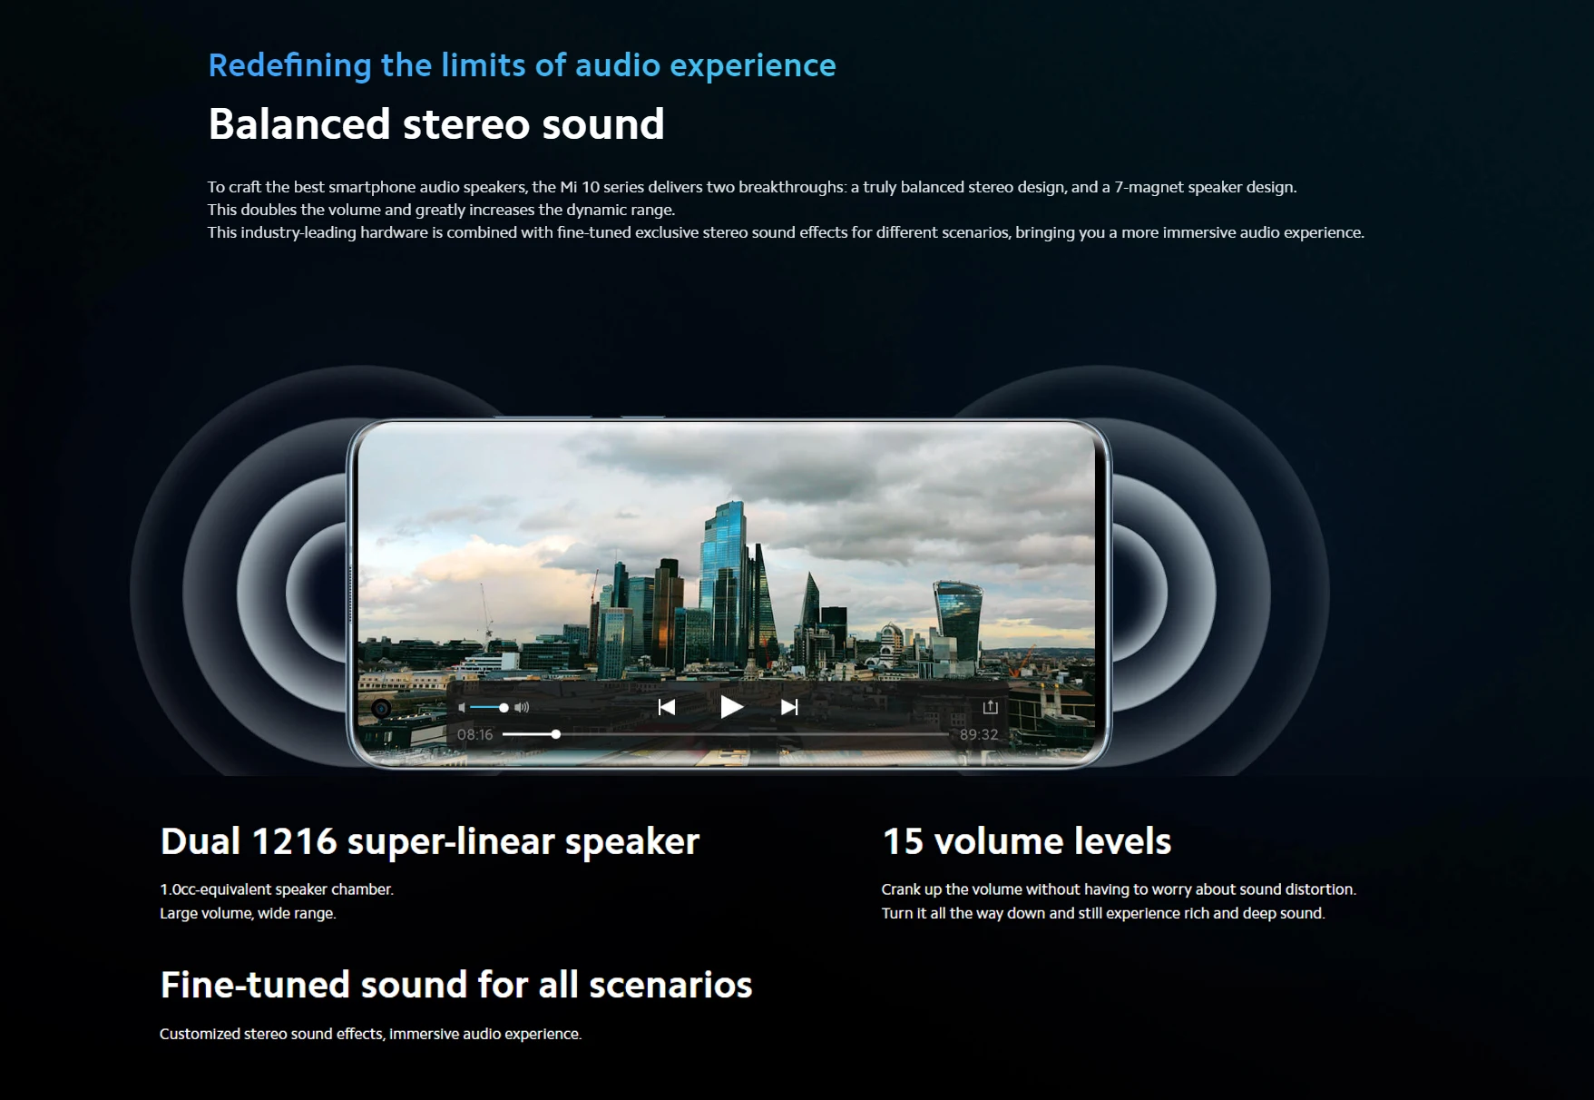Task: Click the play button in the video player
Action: [x=731, y=707]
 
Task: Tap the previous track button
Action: [x=667, y=707]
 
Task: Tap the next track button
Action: [x=789, y=707]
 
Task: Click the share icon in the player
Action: [x=990, y=706]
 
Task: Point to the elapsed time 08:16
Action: [x=474, y=734]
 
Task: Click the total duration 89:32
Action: [x=979, y=734]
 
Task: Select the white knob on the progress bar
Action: [x=556, y=734]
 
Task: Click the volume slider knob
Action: [x=504, y=708]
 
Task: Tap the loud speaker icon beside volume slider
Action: [x=522, y=708]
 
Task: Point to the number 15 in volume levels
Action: [x=903, y=841]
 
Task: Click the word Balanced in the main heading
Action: [x=299, y=124]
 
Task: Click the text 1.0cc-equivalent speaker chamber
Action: [x=277, y=889]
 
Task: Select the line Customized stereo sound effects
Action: [x=371, y=1034]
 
